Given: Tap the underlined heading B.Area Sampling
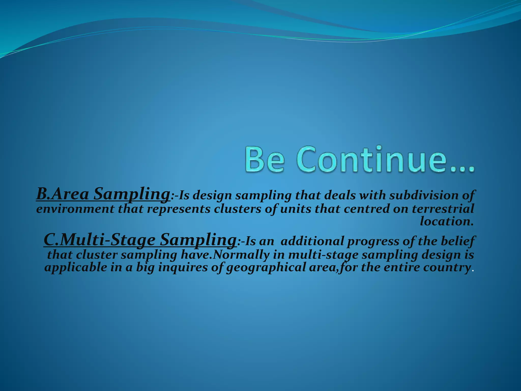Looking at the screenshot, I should (103, 194).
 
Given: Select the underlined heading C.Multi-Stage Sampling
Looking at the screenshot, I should (140, 240).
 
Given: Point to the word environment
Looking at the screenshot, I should (75, 209).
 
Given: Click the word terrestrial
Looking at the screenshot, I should (443, 209).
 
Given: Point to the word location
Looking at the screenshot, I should (446, 221).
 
